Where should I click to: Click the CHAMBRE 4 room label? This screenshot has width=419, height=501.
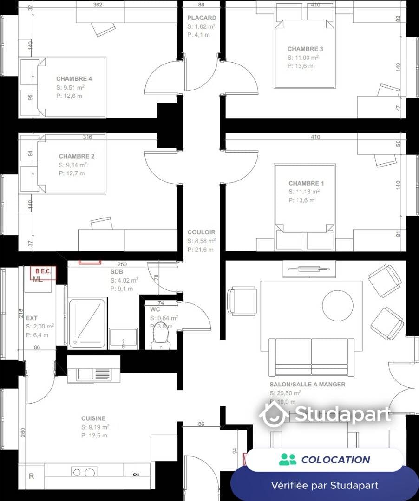pyautogui.click(x=74, y=79)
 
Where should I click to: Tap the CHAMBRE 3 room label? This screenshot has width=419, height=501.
pyautogui.click(x=305, y=49)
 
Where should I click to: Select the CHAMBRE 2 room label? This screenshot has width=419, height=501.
pyautogui.click(x=77, y=157)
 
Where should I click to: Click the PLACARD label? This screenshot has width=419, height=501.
pyautogui.click(x=202, y=18)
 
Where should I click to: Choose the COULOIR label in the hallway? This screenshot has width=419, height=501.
pyautogui.click(x=201, y=232)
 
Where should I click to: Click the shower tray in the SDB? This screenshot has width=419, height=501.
pyautogui.click(x=87, y=323)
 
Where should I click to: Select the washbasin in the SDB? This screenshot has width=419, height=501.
pyautogui.click(x=124, y=338)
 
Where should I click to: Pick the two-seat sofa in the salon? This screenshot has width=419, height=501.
pyautogui.click(x=312, y=356)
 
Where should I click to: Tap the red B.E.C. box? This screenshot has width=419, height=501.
pyautogui.click(x=43, y=272)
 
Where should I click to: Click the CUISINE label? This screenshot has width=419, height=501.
pyautogui.click(x=93, y=418)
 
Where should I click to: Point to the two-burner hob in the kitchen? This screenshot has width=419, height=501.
pyautogui.click(x=84, y=472)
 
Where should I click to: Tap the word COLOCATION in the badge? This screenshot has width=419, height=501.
pyautogui.click(x=335, y=460)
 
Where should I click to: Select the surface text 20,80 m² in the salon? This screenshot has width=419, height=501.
pyautogui.click(x=285, y=393)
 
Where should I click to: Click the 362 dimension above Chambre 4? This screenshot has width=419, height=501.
pyautogui.click(x=98, y=5)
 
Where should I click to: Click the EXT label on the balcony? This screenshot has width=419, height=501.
pyautogui.click(x=32, y=318)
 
